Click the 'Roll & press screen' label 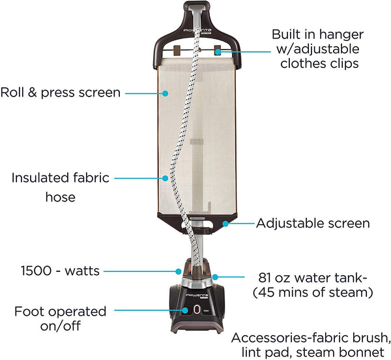tap(61, 93)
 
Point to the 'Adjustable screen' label tap(313, 223)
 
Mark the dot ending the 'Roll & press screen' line tap(166, 93)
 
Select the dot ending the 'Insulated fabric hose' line tap(166, 177)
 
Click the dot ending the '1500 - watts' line tap(177, 269)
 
